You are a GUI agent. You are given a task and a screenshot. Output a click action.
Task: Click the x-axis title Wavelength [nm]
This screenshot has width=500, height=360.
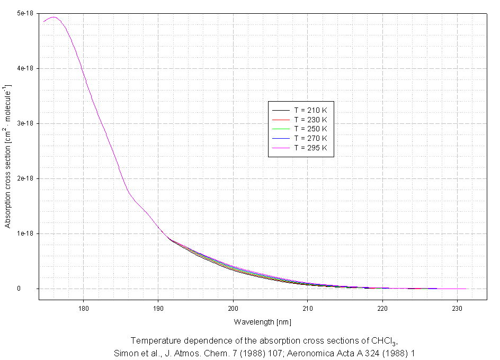tap(263, 322)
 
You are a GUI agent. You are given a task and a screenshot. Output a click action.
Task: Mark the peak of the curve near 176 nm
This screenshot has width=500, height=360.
tap(53, 17)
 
